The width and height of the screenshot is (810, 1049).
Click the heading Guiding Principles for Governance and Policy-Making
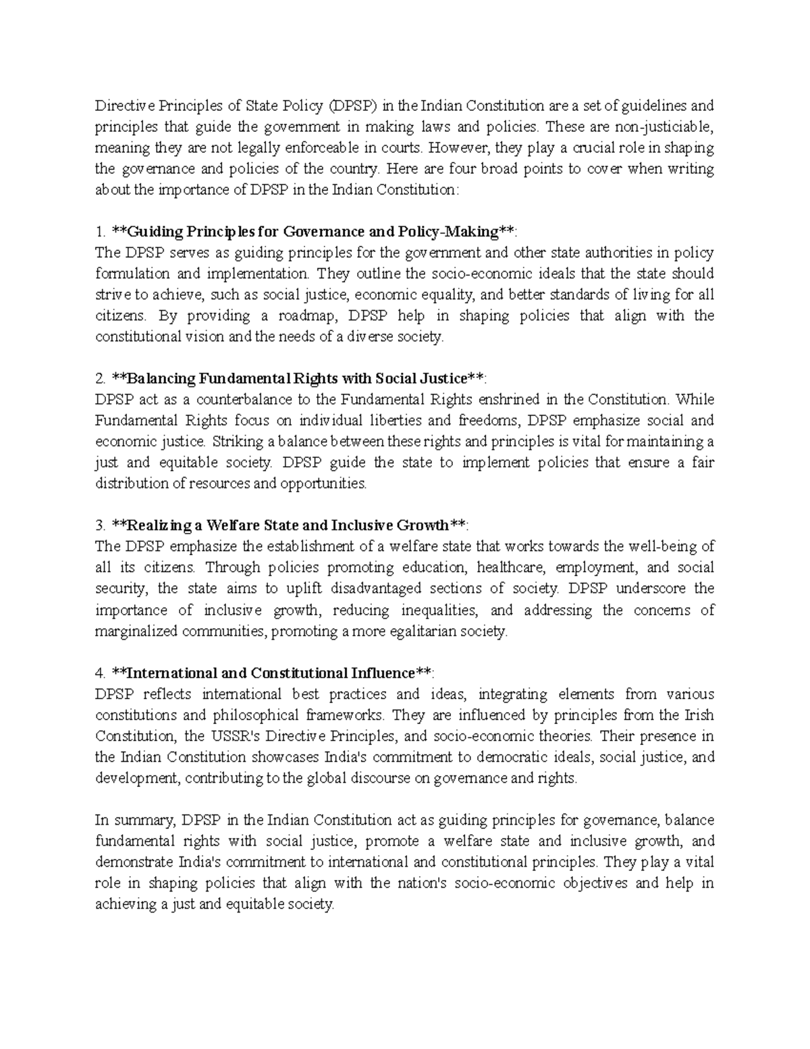[313, 232]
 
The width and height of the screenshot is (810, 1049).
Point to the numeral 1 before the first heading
[99, 232]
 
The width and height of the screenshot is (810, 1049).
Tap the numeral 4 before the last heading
[99, 673]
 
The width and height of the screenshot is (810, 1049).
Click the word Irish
[699, 715]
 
